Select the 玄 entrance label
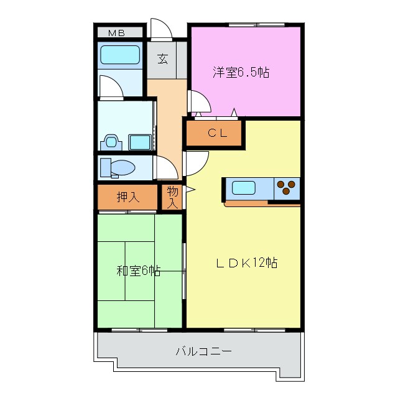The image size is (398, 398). click(x=162, y=59)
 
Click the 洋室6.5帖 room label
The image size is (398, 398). click(x=241, y=72)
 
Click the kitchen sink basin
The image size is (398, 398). click(x=244, y=187)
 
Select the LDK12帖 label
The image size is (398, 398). click(x=246, y=263)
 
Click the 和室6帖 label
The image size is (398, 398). click(x=138, y=271)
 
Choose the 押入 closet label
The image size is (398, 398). click(x=128, y=198)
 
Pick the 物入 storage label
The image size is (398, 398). click(x=172, y=197)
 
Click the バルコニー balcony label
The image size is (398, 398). click(x=203, y=352)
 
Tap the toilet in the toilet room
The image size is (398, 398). click(x=118, y=167)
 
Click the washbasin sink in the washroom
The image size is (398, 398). click(x=140, y=142)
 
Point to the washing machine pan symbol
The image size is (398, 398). click(x=112, y=141)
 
